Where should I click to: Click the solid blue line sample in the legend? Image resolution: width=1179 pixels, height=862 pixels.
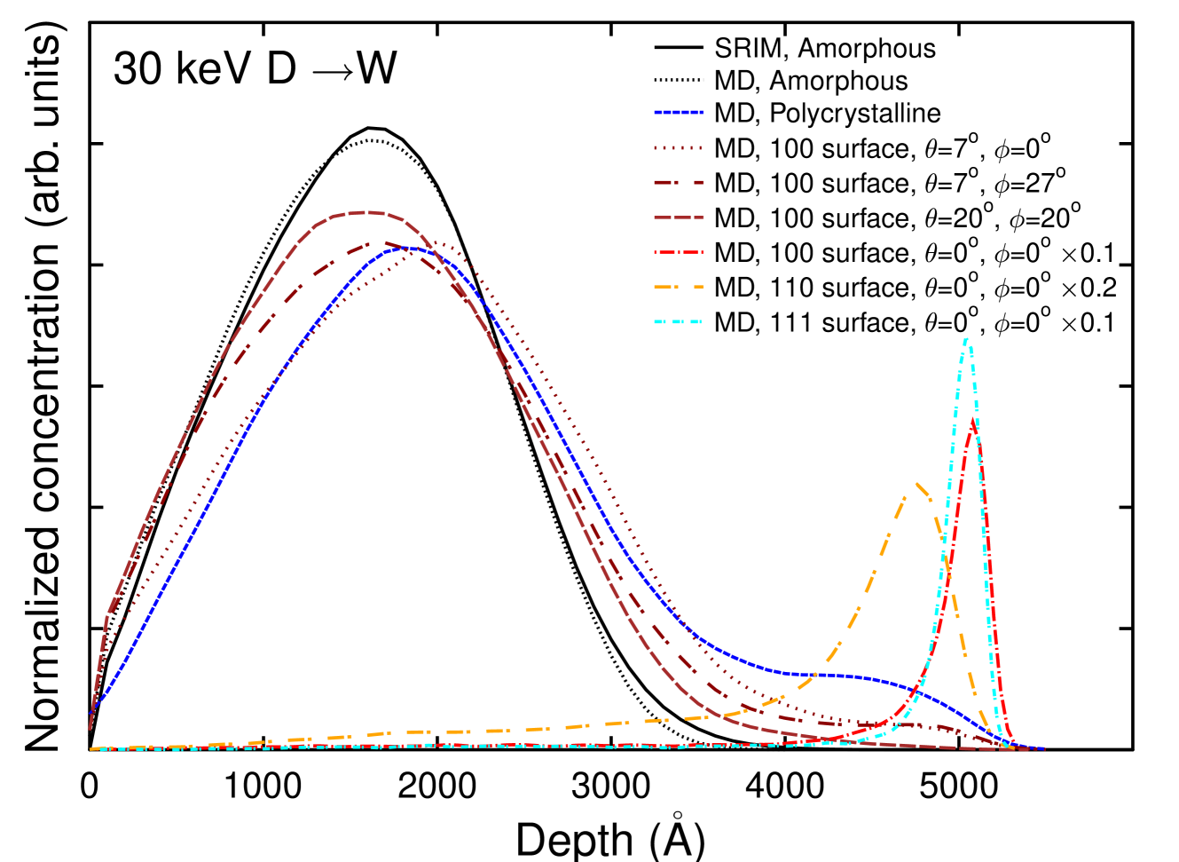(x=679, y=113)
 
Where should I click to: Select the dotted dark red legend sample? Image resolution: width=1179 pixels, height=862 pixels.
(x=679, y=147)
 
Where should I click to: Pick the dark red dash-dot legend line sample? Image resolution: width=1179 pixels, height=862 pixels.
(x=679, y=183)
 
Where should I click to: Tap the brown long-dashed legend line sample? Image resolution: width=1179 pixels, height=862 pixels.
(x=679, y=217)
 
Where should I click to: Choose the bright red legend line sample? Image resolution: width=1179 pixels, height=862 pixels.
(x=679, y=252)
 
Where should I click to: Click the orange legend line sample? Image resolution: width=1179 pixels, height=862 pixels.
(x=679, y=287)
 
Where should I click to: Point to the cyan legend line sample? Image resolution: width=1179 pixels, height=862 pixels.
(x=679, y=322)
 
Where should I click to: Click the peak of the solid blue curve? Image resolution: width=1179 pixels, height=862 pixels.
(x=406, y=248)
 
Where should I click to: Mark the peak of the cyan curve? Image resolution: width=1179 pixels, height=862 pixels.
(x=967, y=339)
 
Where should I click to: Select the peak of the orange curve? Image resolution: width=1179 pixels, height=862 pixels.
(x=916, y=484)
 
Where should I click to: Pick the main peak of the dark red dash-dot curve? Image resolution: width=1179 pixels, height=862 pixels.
(x=387, y=242)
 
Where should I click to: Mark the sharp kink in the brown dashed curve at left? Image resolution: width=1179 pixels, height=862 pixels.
(x=107, y=613)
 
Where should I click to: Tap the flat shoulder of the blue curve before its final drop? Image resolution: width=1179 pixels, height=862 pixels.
(x=825, y=675)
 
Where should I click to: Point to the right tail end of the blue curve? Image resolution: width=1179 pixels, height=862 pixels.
(x=1042, y=748)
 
